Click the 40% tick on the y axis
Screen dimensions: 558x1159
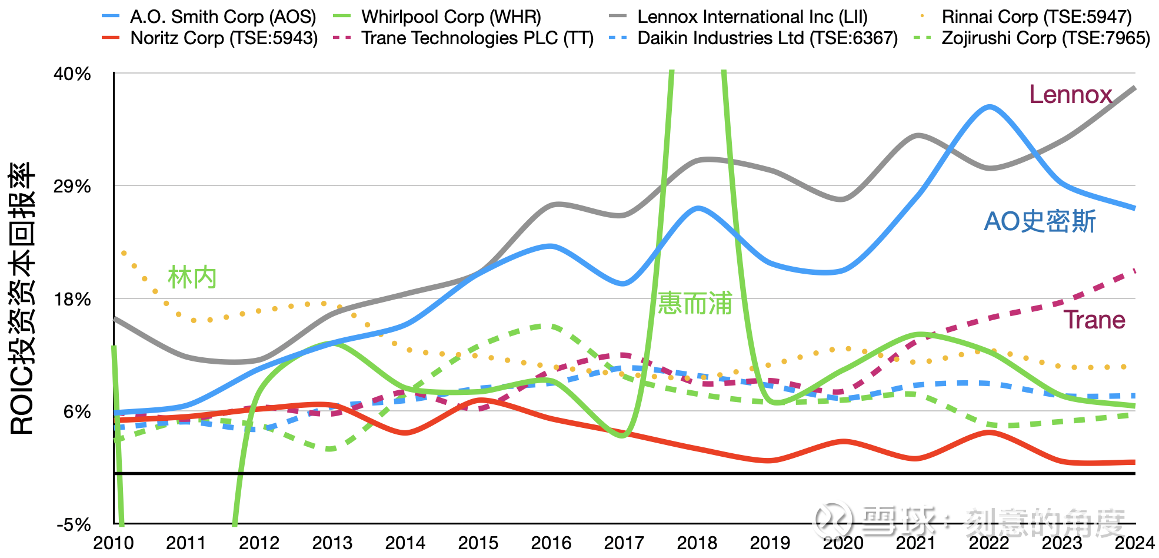point(72,74)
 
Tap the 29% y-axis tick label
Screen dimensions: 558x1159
point(72,187)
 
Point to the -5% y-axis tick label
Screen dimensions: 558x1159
point(74,524)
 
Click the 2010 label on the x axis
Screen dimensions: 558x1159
point(114,543)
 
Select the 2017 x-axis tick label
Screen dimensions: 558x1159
point(624,543)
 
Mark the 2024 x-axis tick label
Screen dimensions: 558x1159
point(1135,543)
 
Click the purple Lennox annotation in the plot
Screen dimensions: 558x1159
point(1070,95)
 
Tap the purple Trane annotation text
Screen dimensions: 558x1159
point(1094,320)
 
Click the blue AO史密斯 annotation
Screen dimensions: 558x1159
point(1040,222)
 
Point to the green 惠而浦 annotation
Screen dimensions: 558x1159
point(695,303)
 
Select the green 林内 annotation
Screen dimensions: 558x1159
point(192,277)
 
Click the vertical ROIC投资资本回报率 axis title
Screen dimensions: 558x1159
point(22,298)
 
